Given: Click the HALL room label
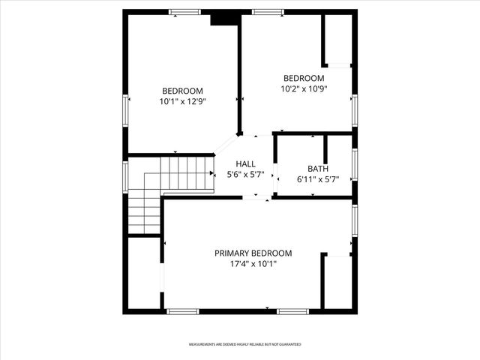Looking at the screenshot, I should [x=245, y=164].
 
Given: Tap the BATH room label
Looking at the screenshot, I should [x=318, y=169].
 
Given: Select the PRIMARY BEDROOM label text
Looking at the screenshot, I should [x=253, y=253].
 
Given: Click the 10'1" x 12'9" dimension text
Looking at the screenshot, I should [x=182, y=101].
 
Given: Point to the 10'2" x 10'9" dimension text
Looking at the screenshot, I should [x=304, y=88].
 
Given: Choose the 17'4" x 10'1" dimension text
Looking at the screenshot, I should [x=253, y=264].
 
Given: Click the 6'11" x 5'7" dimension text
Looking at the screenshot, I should [x=318, y=179].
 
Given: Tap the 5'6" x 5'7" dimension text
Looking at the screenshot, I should [x=245, y=175].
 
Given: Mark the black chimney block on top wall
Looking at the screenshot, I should [x=224, y=18].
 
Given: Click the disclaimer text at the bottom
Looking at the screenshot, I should [x=244, y=344].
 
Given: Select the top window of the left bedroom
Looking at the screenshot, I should [x=184, y=12].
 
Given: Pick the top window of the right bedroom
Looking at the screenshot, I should [x=268, y=12].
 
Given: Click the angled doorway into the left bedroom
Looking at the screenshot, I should [x=227, y=144].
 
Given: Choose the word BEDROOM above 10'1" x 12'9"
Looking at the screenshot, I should [x=182, y=91].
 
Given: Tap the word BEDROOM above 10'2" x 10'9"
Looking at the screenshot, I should [x=304, y=78].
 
